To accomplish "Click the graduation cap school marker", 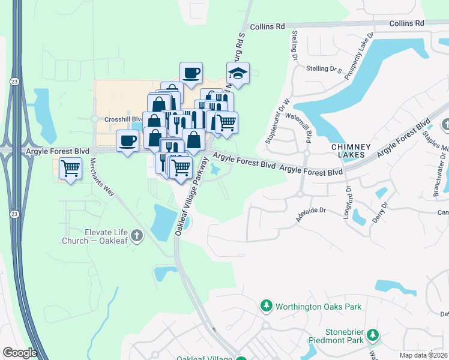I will [x=238, y=74].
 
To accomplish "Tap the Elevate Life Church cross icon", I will [x=137, y=235].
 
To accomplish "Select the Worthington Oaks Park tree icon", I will [x=267, y=307].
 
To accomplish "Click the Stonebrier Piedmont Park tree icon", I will [x=373, y=335].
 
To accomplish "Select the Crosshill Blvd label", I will [x=122, y=119].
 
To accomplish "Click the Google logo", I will [x=20, y=353].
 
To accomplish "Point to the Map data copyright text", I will [x=423, y=355].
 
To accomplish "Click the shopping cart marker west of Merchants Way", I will [x=71, y=169].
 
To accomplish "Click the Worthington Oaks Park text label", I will [x=318, y=307].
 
